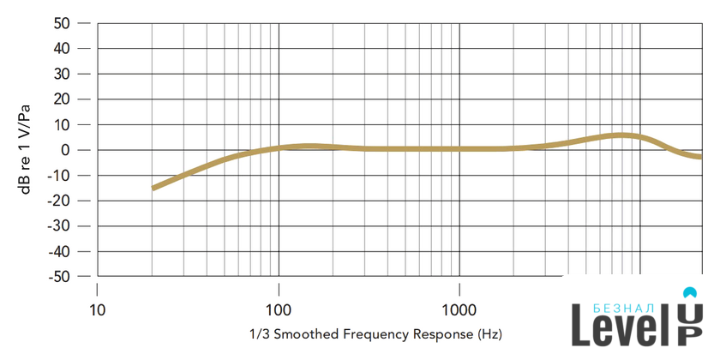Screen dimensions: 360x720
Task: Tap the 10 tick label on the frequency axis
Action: pyautogui.click(x=97, y=310)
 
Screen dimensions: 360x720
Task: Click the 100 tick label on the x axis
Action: pyautogui.click(x=279, y=310)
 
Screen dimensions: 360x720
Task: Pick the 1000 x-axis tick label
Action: pyautogui.click(x=459, y=310)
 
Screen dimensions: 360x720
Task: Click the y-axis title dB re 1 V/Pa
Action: pyautogui.click(x=28, y=150)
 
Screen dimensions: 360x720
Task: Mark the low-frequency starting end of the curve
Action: pyautogui.click(x=153, y=188)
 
